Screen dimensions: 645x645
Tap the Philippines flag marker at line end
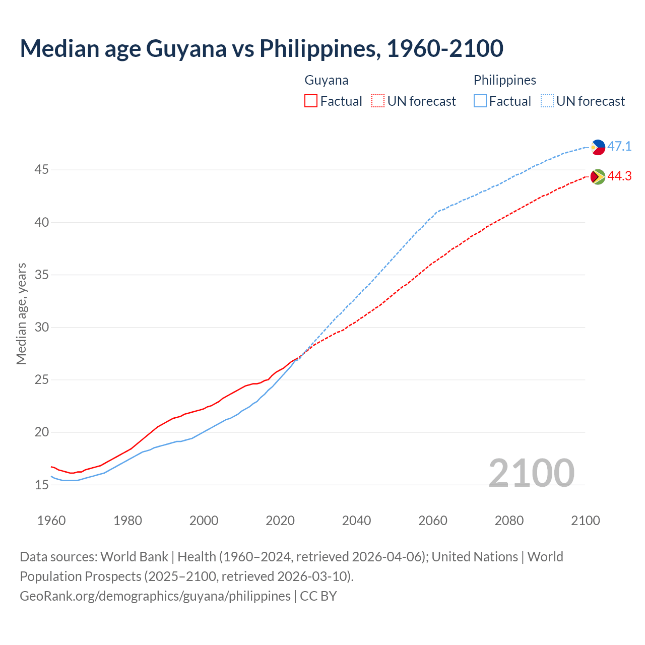(x=598, y=147)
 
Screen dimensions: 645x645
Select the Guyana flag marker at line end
(x=598, y=176)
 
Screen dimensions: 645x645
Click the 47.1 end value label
(x=619, y=147)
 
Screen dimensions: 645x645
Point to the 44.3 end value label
(x=619, y=176)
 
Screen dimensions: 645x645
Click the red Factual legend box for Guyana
(x=311, y=101)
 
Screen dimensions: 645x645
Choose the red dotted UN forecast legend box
(x=378, y=101)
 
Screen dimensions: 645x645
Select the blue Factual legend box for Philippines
(x=480, y=101)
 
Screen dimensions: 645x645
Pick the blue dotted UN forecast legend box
(x=547, y=101)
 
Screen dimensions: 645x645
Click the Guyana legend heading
(x=327, y=80)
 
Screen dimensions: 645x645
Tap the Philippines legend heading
(x=504, y=80)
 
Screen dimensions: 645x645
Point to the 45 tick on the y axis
(x=41, y=170)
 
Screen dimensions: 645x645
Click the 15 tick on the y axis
(x=41, y=485)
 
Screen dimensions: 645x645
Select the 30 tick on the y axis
(x=41, y=328)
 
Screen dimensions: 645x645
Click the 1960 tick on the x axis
(x=51, y=521)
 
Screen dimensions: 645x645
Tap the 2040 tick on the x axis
(x=356, y=521)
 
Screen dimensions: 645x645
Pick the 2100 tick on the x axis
(x=585, y=521)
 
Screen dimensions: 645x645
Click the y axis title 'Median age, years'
(x=21, y=313)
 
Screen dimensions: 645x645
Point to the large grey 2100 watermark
(x=531, y=473)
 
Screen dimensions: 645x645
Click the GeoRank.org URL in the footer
(x=155, y=596)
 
